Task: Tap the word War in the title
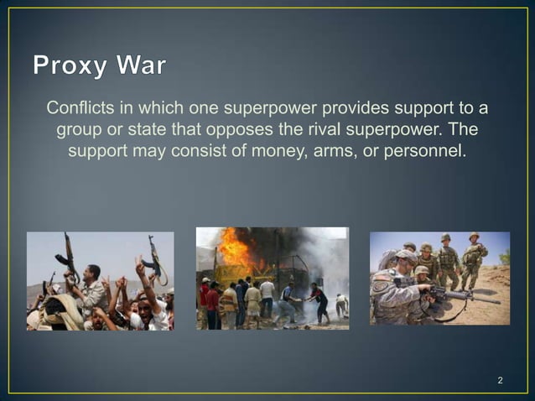[x=143, y=65]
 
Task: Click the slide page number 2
[x=500, y=382]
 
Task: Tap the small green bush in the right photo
[x=504, y=258]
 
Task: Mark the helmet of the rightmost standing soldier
[x=474, y=237]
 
